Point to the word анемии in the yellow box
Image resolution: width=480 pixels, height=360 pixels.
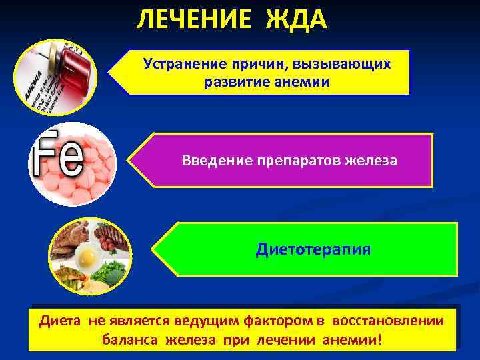pyautogui.click(x=305, y=82)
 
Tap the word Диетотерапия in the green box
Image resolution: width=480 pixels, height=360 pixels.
pyautogui.click(x=313, y=249)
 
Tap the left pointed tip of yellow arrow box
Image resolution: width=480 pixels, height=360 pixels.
pyautogui.click(x=109, y=72)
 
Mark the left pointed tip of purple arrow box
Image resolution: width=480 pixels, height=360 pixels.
pyautogui.click(x=129, y=160)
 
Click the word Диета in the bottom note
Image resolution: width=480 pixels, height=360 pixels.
pyautogui.click(x=61, y=321)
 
